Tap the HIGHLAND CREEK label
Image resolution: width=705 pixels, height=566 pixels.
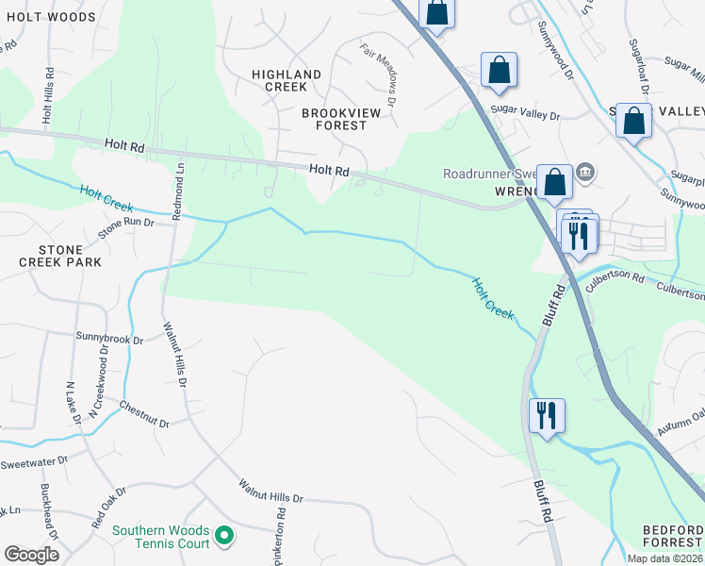coord(286,80)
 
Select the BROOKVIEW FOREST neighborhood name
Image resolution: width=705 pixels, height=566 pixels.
coord(334,119)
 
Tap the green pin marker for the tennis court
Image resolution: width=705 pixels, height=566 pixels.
coord(224,537)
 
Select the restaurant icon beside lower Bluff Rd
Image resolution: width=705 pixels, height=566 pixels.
coord(547,415)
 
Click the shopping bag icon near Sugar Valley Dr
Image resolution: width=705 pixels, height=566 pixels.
coord(499,70)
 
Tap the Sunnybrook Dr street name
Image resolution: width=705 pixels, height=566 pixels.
coord(109,336)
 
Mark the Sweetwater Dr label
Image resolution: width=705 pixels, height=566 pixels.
coord(35,462)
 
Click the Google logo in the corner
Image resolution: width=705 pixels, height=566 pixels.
coord(31,555)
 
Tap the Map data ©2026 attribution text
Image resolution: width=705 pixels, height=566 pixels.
coord(664,558)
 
